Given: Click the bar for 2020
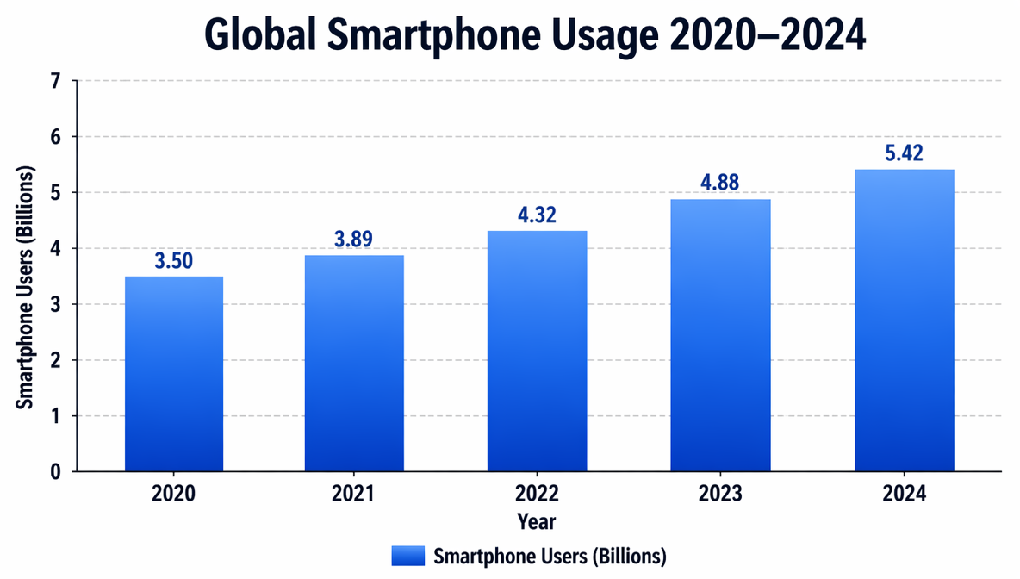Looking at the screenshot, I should tap(174, 374).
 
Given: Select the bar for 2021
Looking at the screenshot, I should tap(354, 364).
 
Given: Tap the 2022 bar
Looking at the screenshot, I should tap(538, 352).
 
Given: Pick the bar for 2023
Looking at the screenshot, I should tap(720, 336).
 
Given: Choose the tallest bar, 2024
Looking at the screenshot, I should tap(904, 321).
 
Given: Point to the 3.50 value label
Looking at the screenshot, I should tap(174, 261).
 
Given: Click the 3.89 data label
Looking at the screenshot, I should tap(354, 240).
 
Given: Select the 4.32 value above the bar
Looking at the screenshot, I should tap(538, 215).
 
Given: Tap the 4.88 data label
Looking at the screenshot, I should tap(720, 184).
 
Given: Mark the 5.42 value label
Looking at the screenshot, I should tap(904, 154).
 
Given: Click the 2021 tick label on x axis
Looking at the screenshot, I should tap(354, 495).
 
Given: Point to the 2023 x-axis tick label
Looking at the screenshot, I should tap(720, 495).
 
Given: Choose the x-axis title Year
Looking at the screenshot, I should tap(537, 521).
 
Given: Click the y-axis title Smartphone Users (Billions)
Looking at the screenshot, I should tap(26, 276).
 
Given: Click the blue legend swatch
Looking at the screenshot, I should tap(408, 554).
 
